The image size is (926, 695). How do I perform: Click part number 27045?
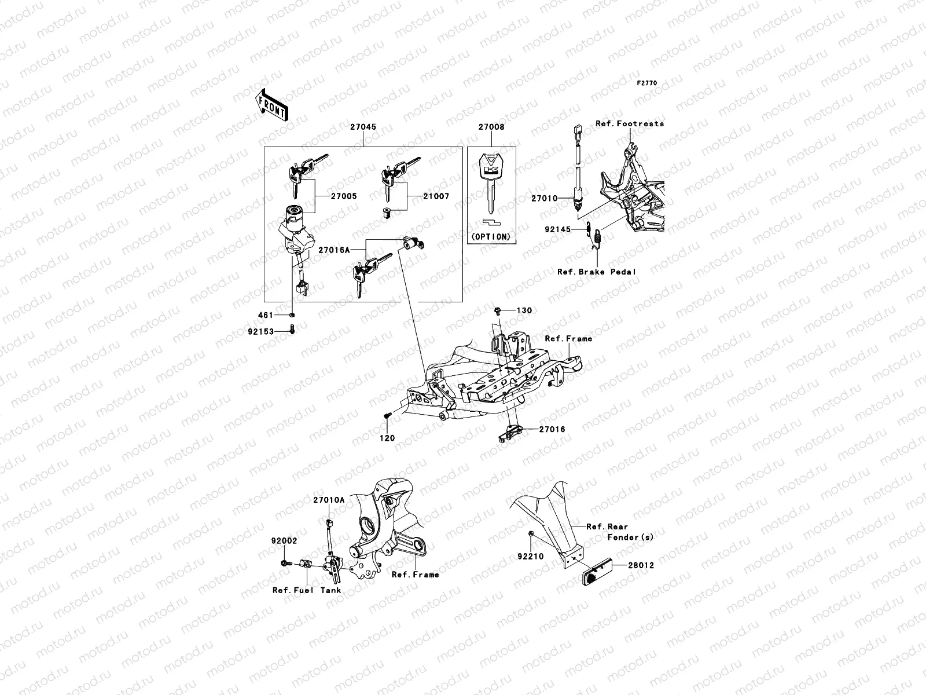(x=363, y=127)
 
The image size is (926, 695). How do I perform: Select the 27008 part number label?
(x=491, y=127)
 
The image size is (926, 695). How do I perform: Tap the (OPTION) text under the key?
(x=491, y=236)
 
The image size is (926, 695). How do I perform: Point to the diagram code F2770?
(x=647, y=83)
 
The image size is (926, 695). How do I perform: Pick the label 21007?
(x=436, y=196)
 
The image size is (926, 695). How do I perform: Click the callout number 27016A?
(x=334, y=250)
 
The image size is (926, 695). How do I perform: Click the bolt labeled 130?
(x=498, y=311)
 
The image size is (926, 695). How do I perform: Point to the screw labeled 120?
(x=386, y=415)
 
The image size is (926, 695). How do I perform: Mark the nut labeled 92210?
(x=531, y=532)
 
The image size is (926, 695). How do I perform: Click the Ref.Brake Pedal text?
(x=597, y=272)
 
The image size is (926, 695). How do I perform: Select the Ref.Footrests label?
(x=630, y=123)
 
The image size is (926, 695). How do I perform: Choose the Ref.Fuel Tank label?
(x=307, y=590)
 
